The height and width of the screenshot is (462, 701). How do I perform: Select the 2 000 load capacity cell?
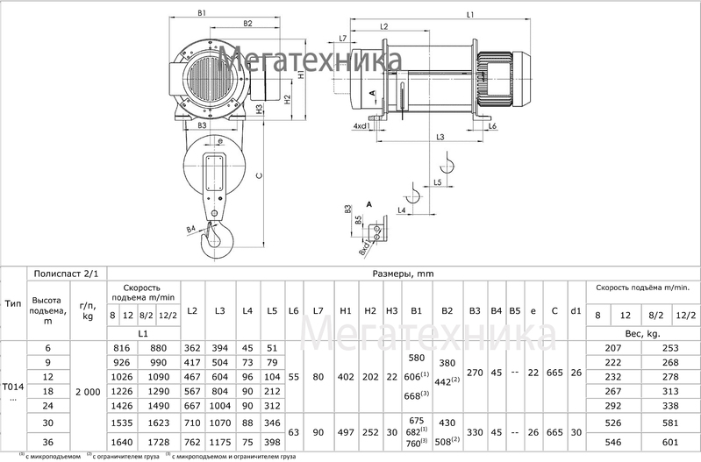[86, 392]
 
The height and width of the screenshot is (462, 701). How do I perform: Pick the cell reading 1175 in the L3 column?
[219, 441]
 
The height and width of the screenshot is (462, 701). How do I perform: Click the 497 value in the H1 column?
[345, 432]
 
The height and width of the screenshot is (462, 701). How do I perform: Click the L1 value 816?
[123, 348]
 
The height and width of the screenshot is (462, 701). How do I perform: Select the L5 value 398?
[272, 441]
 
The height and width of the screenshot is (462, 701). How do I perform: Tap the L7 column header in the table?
[318, 311]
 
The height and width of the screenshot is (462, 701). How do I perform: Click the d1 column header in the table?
[576, 311]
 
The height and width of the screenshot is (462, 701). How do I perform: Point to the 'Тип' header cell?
[13, 302]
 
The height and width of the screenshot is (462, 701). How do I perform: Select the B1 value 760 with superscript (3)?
[418, 444]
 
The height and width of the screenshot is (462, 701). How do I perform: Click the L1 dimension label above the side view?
[470, 15]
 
